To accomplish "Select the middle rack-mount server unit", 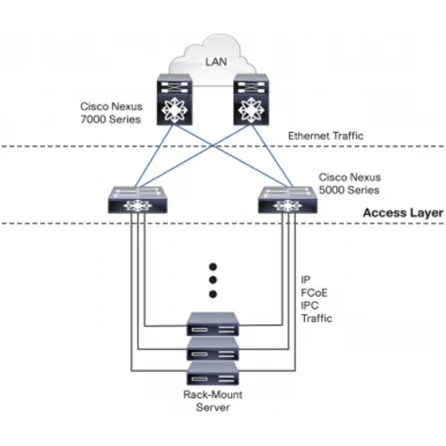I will pyautogui.click(x=214, y=351).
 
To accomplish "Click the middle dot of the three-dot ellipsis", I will pyautogui.click(x=214, y=280).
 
